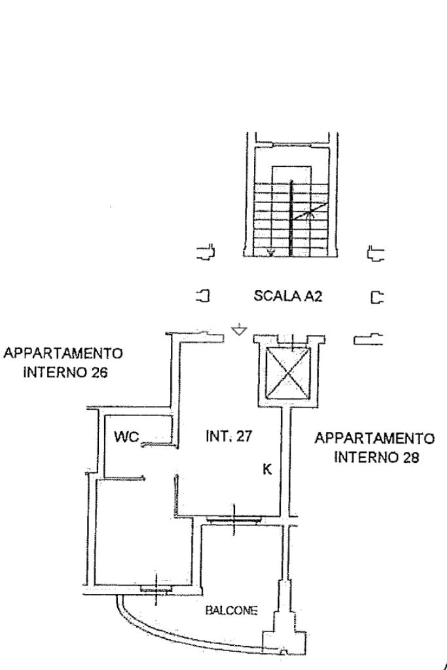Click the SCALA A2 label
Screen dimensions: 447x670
pos(288,296)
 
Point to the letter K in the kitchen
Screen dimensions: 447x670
pos(267,469)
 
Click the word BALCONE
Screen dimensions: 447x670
pos(232,610)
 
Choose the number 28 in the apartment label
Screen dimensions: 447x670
pos(410,456)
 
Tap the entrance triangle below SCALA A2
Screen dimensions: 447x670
pos(240,330)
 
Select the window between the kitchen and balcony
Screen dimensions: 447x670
pos(234,520)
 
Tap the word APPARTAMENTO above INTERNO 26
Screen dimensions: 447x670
pos(63,354)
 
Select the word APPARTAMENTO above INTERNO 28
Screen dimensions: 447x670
pos(374,437)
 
